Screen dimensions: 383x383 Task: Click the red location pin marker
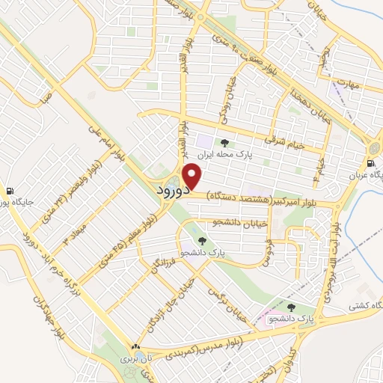pyautogui.click(x=193, y=176)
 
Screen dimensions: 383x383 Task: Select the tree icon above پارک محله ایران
pyautogui.click(x=224, y=142)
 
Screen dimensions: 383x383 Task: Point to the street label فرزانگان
pyautogui.click(x=164, y=259)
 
